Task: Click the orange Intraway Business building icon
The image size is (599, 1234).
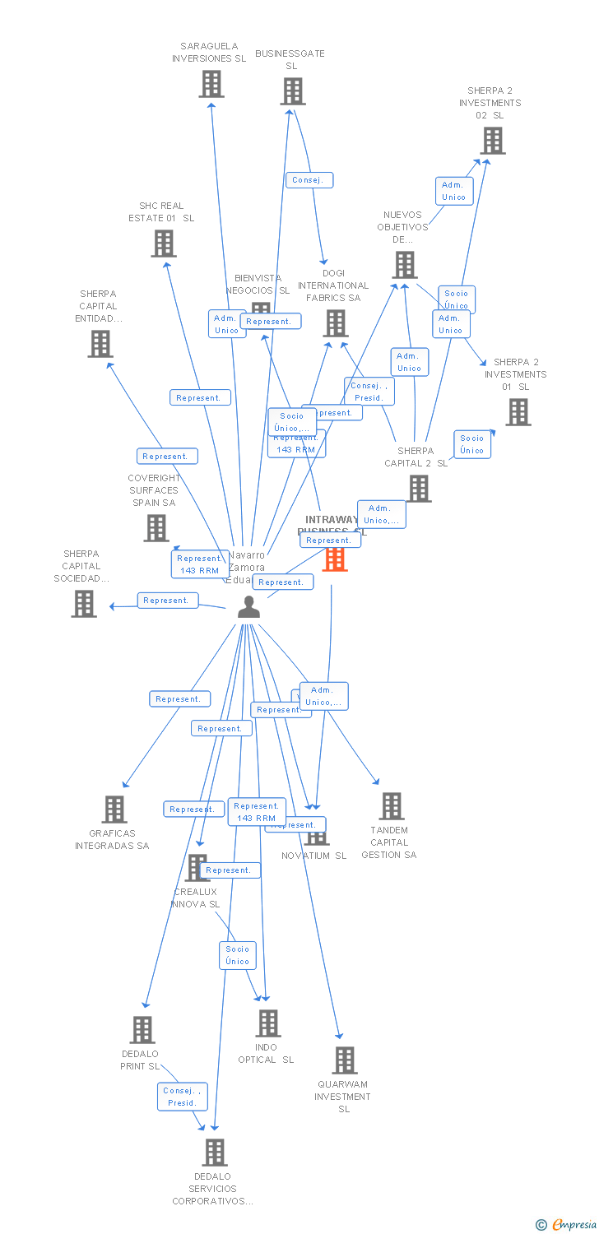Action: [x=335, y=559]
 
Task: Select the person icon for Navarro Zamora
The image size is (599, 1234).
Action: [x=248, y=607]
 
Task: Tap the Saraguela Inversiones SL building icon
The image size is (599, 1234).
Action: [x=211, y=84]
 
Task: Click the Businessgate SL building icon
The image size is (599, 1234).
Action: [x=292, y=91]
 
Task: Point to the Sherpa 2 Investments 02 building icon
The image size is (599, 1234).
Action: [x=492, y=141]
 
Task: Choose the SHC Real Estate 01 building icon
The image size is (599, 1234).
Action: [x=164, y=244]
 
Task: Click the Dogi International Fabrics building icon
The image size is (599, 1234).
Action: [x=336, y=323]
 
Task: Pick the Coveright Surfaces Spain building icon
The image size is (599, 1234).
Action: [x=156, y=528]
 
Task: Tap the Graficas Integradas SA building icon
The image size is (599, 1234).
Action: [x=114, y=810]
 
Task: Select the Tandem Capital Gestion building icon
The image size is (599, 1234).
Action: [x=392, y=806]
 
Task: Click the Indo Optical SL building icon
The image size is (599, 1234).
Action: [x=267, y=1023]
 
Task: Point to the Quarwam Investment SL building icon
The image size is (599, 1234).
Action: [x=345, y=1060]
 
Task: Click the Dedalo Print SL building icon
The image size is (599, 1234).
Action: [x=142, y=1030]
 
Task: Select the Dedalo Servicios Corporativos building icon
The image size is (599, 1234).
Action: [x=215, y=1153]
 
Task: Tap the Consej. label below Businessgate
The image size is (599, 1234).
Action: [x=310, y=180]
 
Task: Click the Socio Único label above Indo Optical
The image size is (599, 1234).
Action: [x=238, y=955]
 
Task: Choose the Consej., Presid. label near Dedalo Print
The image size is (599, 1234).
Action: [x=182, y=1097]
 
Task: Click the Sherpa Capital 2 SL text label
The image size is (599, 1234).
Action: [x=416, y=457]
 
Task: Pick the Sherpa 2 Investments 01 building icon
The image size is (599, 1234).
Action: [x=518, y=412]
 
